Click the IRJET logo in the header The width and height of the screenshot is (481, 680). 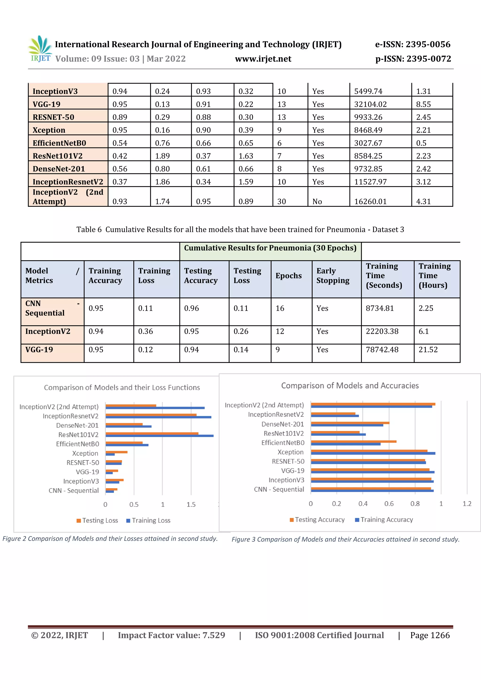(40, 49)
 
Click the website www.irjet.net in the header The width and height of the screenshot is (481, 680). (263, 59)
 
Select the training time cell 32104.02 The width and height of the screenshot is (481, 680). (370, 104)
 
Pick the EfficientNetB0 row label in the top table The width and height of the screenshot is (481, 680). (59, 143)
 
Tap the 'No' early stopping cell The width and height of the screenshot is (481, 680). (317, 201)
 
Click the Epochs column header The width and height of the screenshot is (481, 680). (288, 276)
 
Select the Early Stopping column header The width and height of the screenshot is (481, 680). (333, 276)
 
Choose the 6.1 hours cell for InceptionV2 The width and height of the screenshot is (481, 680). (423, 331)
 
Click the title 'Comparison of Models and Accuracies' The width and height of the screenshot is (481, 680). (350, 386)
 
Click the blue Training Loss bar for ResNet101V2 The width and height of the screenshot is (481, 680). (159, 436)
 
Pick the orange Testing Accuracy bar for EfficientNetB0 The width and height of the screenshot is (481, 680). (353, 442)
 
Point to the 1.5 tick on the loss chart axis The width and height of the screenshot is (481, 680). (191, 505)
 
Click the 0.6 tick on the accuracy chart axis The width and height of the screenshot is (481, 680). (389, 504)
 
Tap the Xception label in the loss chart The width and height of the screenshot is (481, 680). (85, 453)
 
